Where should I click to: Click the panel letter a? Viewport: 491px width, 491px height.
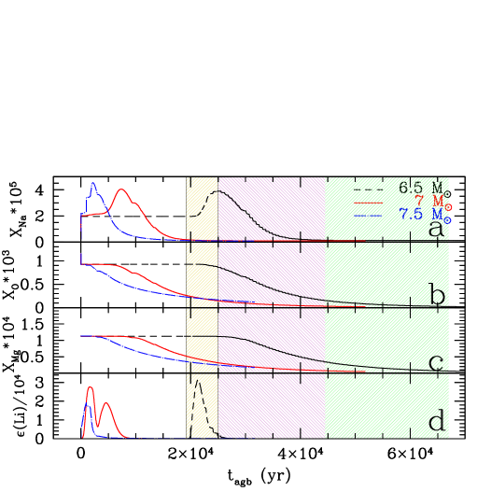(436, 229)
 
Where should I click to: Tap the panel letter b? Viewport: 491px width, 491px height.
(437, 296)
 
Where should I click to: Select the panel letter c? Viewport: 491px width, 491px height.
(435, 363)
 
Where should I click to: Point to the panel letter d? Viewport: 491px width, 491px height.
(436, 422)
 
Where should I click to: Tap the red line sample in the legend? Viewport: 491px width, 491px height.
(368, 202)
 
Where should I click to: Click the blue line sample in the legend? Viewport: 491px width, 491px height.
(368, 215)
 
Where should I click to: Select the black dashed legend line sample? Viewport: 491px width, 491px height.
(368, 188)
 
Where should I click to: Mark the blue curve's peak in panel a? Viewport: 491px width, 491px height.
(92, 184)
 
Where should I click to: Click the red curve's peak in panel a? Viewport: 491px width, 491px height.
(122, 189)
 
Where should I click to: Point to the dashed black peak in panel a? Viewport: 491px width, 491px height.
(215, 191)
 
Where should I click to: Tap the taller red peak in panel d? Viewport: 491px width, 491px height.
(90, 386)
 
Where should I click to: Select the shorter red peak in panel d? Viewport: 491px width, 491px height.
(106, 404)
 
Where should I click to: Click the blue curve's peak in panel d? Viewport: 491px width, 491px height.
(86, 405)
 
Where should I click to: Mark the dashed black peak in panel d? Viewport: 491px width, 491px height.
(197, 382)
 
